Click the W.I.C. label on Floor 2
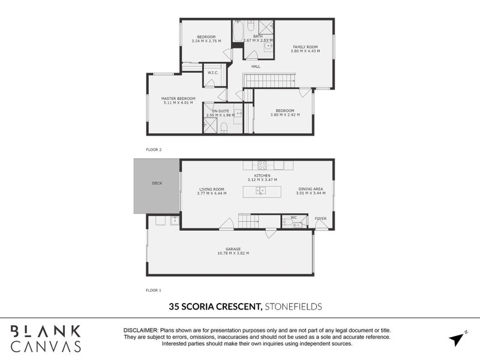tap(212, 73)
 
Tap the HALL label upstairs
tap(255, 66)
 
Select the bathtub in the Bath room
tap(238, 32)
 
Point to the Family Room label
tap(305, 47)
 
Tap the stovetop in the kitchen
tap(262, 165)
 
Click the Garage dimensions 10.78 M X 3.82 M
tap(233, 253)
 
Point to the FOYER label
tap(321, 218)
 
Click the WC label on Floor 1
tap(293, 217)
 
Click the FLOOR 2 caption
tap(154, 149)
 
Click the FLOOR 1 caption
tap(154, 290)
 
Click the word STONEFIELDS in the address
tap(293, 307)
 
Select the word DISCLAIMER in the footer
tap(140, 331)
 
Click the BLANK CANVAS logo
tap(46, 338)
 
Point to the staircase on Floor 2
tap(269, 80)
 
